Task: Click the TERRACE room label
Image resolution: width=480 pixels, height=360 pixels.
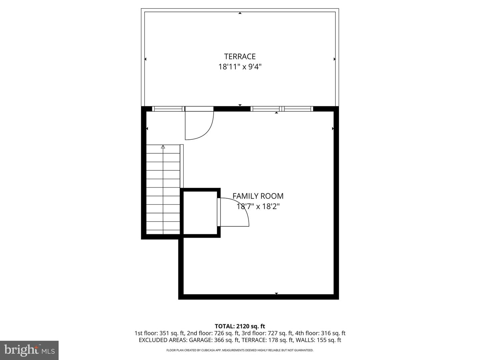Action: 240,56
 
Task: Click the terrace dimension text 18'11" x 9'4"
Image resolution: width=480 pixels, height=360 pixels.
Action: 240,67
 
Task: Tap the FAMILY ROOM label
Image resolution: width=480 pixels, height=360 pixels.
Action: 258,196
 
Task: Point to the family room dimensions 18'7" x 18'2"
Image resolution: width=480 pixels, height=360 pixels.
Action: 258,206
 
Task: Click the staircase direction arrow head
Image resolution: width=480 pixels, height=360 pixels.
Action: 163,147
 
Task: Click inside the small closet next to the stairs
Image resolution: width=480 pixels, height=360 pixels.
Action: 200,213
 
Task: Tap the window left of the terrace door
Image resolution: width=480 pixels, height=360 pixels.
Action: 168,109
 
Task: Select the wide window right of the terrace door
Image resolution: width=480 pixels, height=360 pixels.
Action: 282,109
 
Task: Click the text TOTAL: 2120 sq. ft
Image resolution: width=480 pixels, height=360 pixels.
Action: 240,326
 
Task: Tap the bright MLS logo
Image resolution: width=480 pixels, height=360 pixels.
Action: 29,350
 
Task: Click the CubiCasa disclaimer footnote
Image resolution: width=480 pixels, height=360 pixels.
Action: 240,350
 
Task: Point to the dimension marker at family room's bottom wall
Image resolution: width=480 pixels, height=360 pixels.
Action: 276,294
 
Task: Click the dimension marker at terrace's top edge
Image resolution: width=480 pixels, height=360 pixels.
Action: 240,13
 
